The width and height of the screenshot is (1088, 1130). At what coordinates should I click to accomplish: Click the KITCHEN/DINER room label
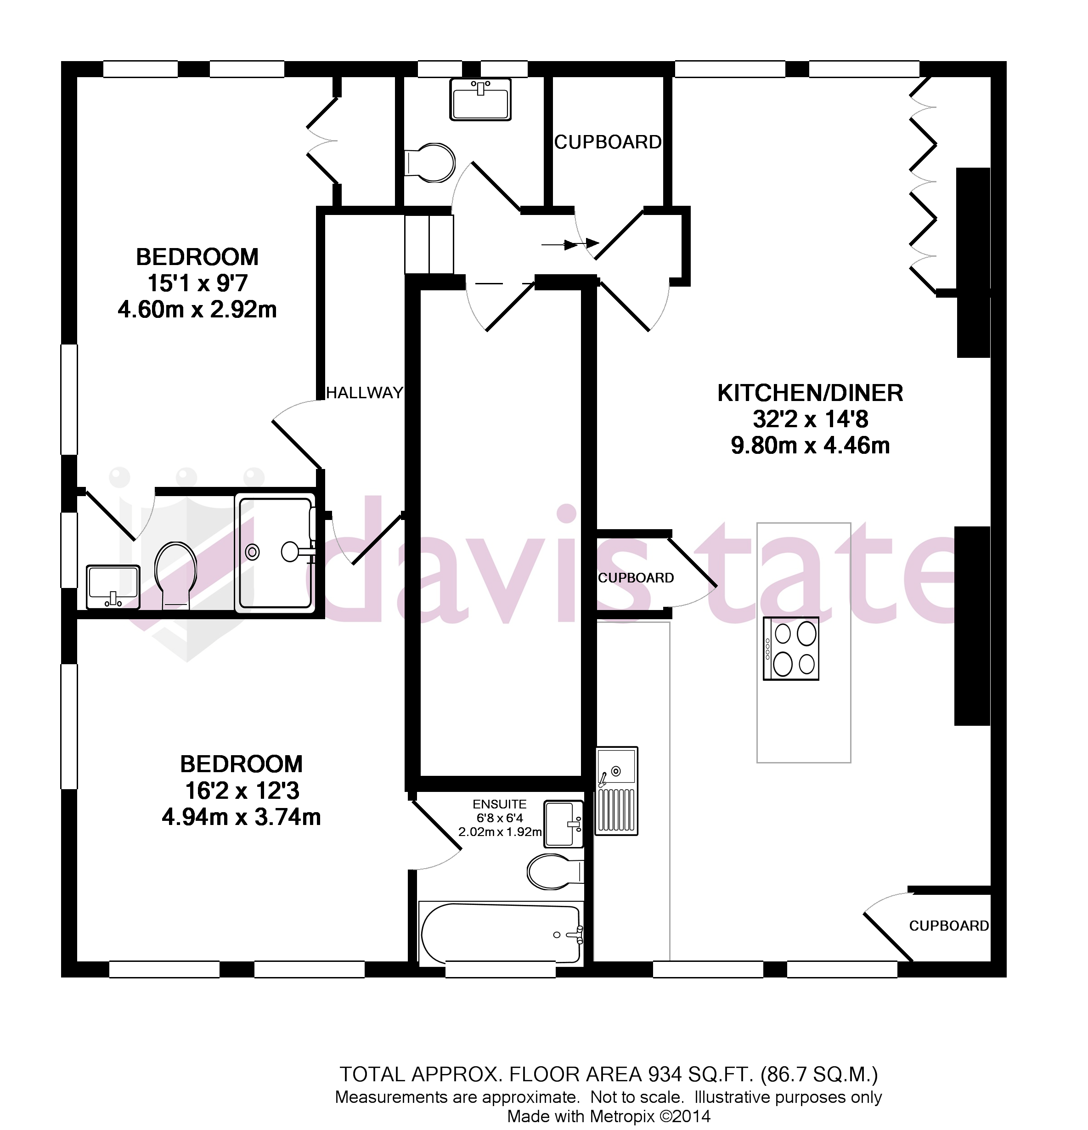pyautogui.click(x=810, y=393)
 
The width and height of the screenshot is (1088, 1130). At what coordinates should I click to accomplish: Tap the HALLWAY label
pyautogui.click(x=364, y=393)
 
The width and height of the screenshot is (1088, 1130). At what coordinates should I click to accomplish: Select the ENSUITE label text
pyautogui.click(x=499, y=804)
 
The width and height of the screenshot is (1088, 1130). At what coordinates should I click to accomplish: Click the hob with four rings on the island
pyautogui.click(x=790, y=648)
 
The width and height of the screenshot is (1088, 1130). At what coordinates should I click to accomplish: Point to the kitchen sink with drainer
pyautogui.click(x=616, y=791)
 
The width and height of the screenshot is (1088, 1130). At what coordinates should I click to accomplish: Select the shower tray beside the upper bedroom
pyautogui.click(x=275, y=552)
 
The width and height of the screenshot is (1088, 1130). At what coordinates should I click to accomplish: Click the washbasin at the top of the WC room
pyautogui.click(x=480, y=100)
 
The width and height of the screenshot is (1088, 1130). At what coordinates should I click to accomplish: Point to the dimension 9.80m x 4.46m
pyautogui.click(x=810, y=446)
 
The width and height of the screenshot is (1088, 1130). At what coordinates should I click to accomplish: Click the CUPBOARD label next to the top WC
pyautogui.click(x=607, y=142)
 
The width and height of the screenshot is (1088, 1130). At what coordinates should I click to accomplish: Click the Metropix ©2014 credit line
pyautogui.click(x=608, y=1116)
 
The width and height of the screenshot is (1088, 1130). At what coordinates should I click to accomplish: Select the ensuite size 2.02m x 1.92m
pyautogui.click(x=499, y=832)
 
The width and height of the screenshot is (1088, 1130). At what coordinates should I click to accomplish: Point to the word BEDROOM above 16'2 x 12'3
pyautogui.click(x=241, y=764)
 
